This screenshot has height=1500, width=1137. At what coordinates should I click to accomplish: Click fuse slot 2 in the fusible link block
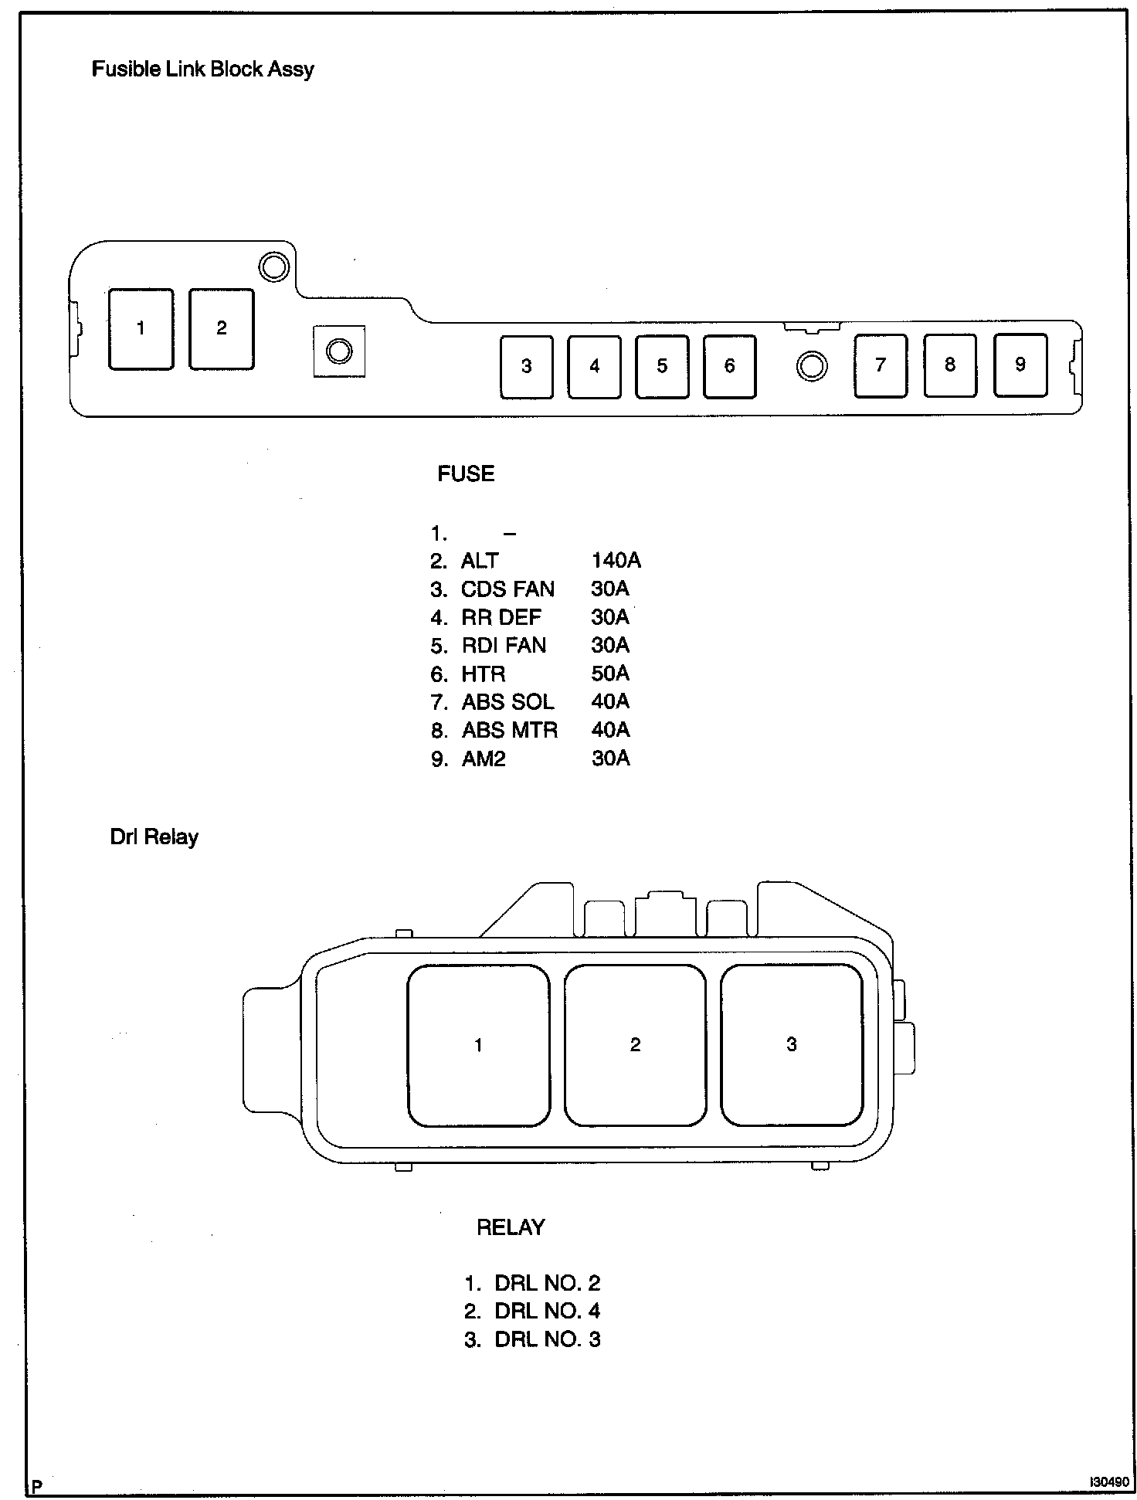222,329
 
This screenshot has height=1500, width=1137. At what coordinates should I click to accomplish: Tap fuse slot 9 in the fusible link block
1020,365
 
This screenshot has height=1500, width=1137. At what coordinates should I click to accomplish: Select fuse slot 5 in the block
662,366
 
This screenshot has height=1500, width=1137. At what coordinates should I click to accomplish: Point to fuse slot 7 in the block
881,365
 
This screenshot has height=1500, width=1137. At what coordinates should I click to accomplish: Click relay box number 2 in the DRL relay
635,1045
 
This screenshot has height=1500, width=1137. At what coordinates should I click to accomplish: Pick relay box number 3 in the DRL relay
792,1045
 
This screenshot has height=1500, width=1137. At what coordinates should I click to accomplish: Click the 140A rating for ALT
616,561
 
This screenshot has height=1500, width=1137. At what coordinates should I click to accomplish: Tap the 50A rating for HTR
610,674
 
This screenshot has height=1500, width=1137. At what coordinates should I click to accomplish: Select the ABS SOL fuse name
507,702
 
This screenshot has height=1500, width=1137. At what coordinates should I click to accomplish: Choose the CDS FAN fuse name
507,589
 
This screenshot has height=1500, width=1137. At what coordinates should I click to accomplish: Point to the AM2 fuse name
484,758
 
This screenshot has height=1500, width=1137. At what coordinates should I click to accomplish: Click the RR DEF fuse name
501,617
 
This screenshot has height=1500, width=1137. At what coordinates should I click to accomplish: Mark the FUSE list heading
466,473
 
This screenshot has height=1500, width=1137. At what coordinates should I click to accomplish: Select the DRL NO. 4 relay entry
547,1311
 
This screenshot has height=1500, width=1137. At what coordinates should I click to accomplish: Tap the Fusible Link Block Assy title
203,70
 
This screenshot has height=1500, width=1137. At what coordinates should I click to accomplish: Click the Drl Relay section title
154,837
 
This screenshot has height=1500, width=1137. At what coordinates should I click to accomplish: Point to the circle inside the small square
339,351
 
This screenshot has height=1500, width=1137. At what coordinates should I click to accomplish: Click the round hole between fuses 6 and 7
811,365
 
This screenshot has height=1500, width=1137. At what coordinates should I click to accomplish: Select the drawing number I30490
1108,1482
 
